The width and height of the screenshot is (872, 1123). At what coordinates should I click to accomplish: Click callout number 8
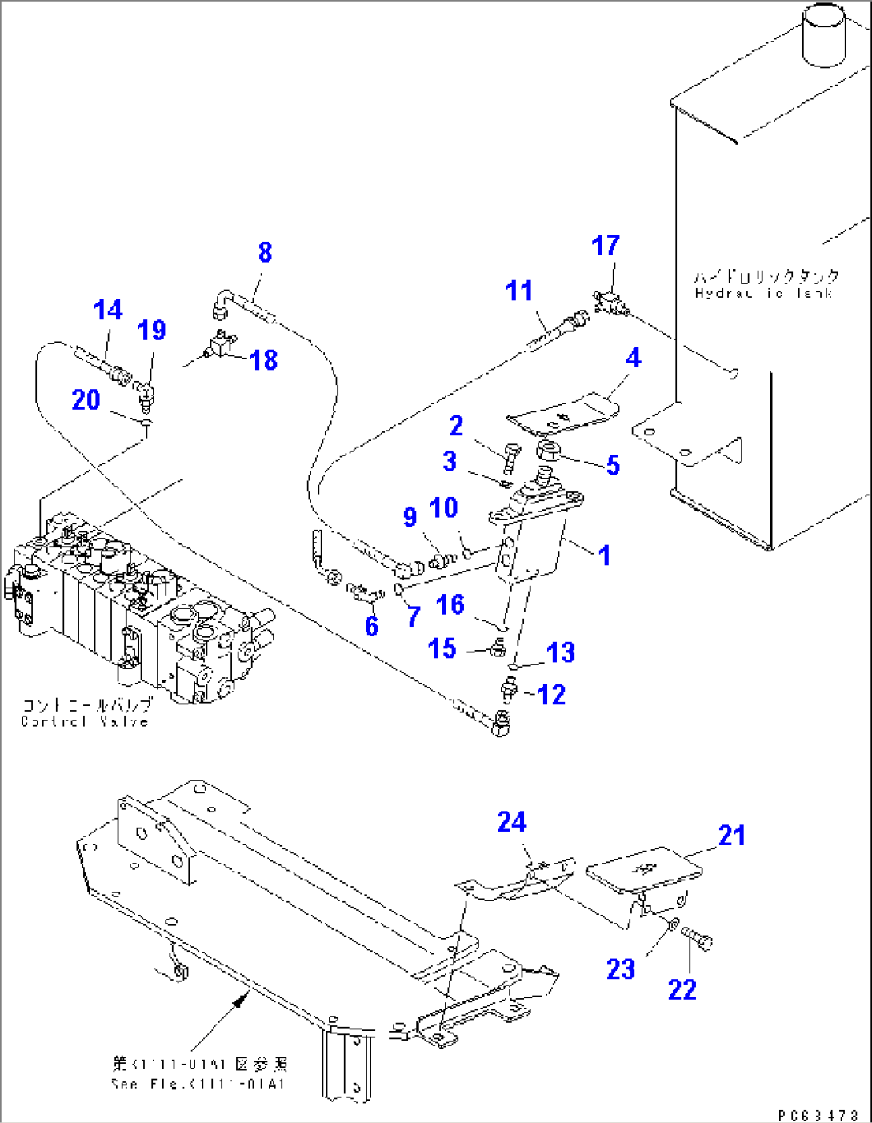(265, 252)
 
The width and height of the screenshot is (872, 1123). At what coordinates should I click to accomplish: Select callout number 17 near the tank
(606, 246)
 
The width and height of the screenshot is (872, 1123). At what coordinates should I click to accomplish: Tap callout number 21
(732, 836)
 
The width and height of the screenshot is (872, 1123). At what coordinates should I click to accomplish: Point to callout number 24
(512, 822)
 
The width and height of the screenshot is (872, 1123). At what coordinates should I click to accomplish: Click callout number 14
(108, 310)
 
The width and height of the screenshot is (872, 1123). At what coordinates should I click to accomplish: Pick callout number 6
(371, 625)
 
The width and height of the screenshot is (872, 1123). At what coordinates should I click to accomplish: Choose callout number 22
(682, 989)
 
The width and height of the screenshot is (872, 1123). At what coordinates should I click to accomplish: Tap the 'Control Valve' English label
(85, 721)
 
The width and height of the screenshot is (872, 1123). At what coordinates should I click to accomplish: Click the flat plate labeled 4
(565, 414)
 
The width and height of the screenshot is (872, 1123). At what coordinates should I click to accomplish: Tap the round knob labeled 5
(551, 451)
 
